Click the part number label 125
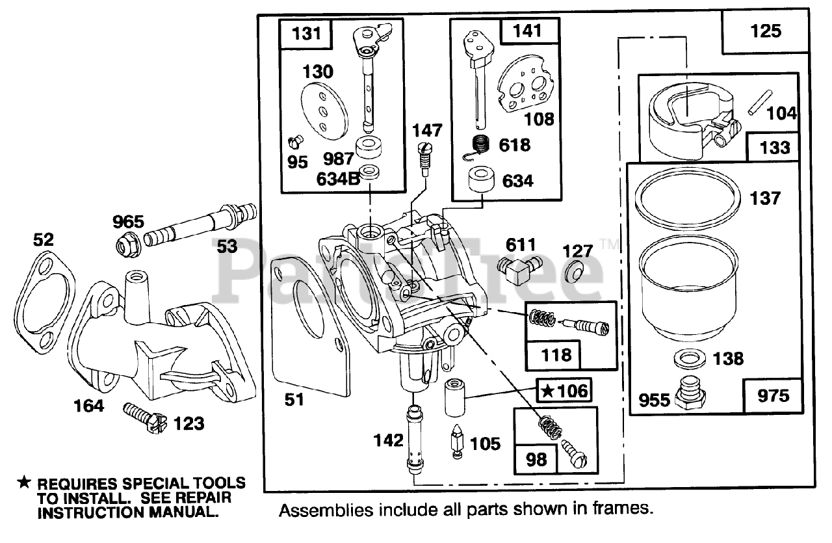(766, 31)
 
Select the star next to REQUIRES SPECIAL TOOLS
(24, 483)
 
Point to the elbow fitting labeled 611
(519, 269)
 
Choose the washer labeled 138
(690, 358)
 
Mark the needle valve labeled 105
(457, 442)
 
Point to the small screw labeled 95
(296, 142)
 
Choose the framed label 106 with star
(564, 391)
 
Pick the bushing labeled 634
(481, 180)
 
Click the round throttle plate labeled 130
(324, 111)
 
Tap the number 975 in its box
(773, 396)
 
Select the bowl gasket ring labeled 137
(688, 197)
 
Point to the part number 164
(89, 406)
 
